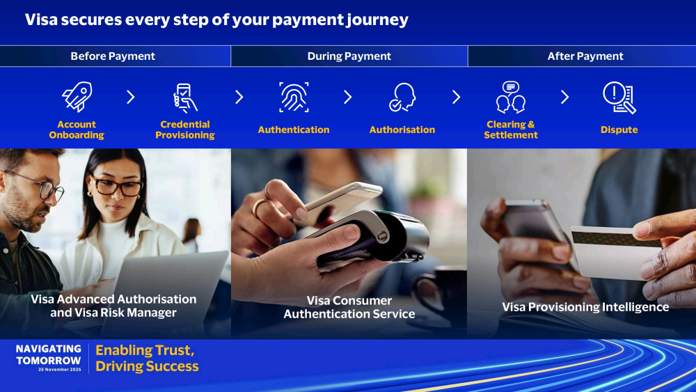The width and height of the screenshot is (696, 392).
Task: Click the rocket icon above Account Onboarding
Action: pyautogui.click(x=77, y=96)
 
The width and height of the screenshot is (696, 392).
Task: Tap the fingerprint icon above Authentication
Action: pyautogui.click(x=294, y=97)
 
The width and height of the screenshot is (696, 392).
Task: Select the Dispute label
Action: pyautogui.click(x=619, y=130)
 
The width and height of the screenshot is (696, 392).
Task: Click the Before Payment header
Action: pyautogui.click(x=113, y=56)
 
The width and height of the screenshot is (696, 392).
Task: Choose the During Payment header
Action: pyautogui.click(x=349, y=56)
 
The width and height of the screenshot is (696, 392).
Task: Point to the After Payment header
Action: pyautogui.click(x=585, y=56)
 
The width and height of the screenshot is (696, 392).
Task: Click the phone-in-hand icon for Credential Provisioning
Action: pyautogui.click(x=185, y=97)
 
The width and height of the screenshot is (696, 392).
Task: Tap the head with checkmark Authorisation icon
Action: pyautogui.click(x=402, y=97)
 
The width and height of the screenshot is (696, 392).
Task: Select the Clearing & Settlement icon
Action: pyautogui.click(x=511, y=97)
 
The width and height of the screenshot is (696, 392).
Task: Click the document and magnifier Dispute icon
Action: pyautogui.click(x=619, y=97)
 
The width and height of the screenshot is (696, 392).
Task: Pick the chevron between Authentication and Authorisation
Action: pyautogui.click(x=348, y=97)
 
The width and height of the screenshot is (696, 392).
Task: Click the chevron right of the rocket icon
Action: pyautogui.click(x=131, y=97)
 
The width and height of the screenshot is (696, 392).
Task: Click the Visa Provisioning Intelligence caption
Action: pyautogui.click(x=585, y=307)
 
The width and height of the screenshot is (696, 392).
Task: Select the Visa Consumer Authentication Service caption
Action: pyautogui.click(x=349, y=307)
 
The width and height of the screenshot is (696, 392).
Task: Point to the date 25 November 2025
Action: pyautogui.click(x=59, y=369)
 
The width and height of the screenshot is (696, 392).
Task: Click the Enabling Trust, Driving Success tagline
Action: pyautogui.click(x=147, y=359)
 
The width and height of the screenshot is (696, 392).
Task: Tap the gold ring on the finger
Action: pyautogui.click(x=259, y=207)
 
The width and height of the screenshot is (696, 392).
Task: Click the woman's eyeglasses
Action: pyautogui.click(x=116, y=186)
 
